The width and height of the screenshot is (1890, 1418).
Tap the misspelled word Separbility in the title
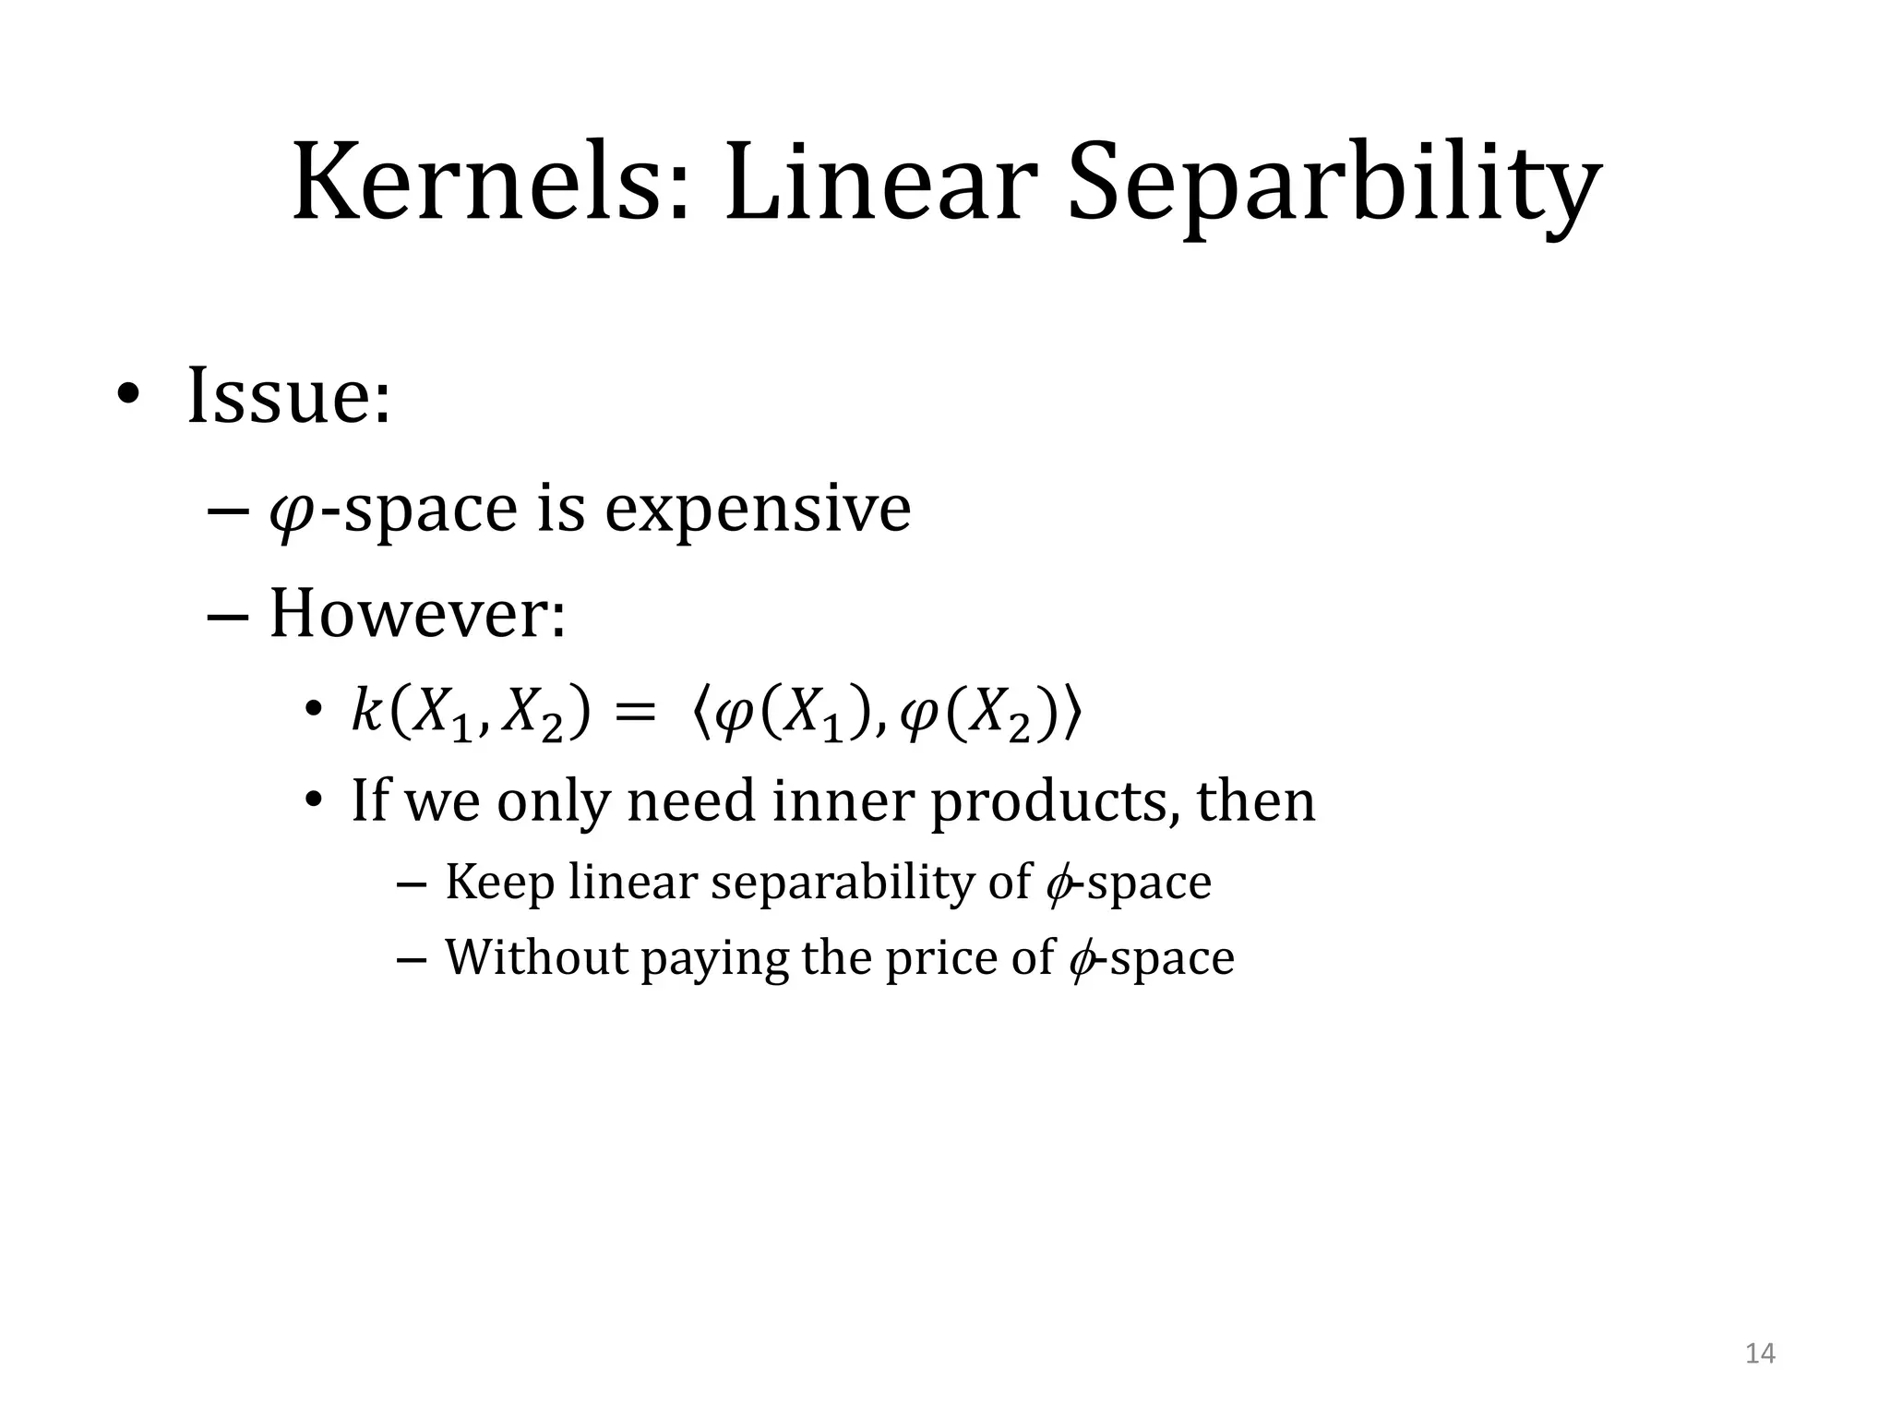[1334, 185]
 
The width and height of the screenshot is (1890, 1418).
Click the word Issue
[289, 396]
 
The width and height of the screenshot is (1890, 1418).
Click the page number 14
[1760, 1353]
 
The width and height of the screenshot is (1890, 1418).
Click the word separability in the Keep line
[843, 883]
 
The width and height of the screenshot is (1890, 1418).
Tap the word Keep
[499, 882]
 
